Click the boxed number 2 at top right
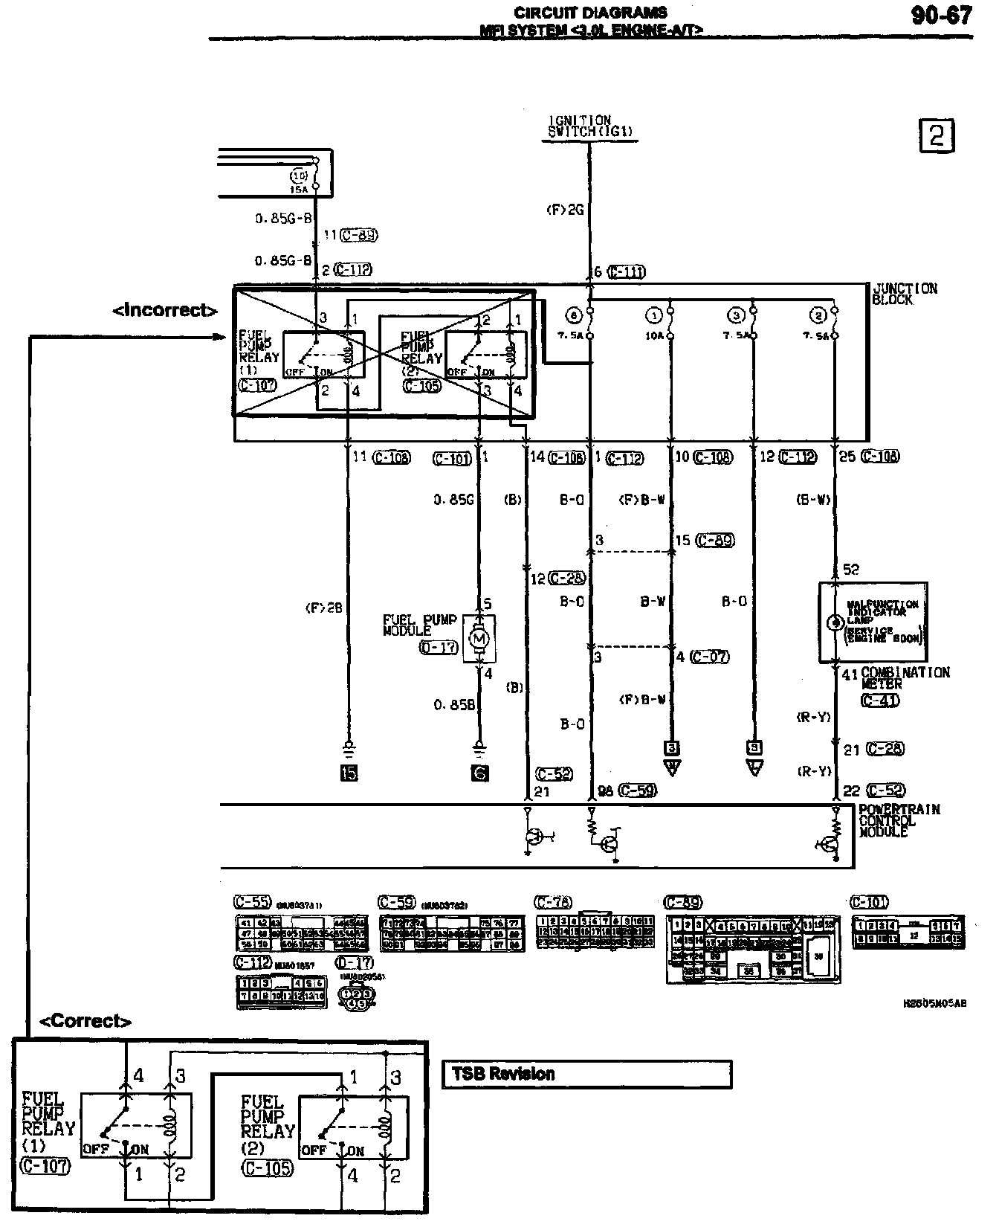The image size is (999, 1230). pyautogui.click(x=937, y=136)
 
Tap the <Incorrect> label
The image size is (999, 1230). pyautogui.click(x=165, y=310)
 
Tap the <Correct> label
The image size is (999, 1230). pyautogui.click(x=85, y=1021)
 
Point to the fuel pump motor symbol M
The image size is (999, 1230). pyautogui.click(x=479, y=638)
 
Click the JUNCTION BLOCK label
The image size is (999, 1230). pyautogui.click(x=904, y=294)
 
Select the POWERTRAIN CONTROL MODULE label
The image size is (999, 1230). pyautogui.click(x=899, y=820)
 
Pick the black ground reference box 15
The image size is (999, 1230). pyautogui.click(x=349, y=773)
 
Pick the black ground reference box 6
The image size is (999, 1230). pyautogui.click(x=479, y=773)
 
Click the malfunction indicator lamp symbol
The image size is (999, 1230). pyautogui.click(x=834, y=622)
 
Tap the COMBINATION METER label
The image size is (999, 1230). pyautogui.click(x=905, y=677)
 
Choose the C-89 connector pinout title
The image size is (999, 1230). pyautogui.click(x=682, y=903)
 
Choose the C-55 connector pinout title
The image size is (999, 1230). pyautogui.click(x=252, y=902)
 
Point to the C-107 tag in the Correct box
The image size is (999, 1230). pyautogui.click(x=45, y=1165)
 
